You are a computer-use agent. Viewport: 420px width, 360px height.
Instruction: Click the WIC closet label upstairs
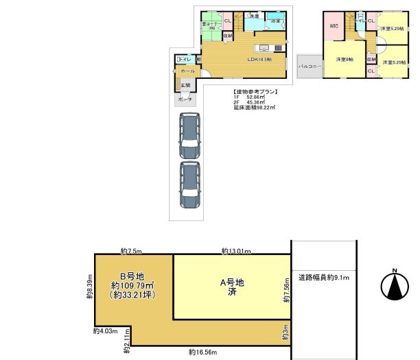pyautogui.click(x=334, y=26)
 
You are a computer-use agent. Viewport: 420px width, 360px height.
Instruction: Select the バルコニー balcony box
pyautogui.click(x=310, y=67)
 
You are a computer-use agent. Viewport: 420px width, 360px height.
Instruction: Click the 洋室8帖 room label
pyautogui.click(x=344, y=60)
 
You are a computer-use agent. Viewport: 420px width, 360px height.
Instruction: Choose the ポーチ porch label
pyautogui.click(x=185, y=99)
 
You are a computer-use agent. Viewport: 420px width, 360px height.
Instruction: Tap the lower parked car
pyautogui.click(x=188, y=184)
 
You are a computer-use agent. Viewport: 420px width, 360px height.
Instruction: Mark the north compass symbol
pyautogui.click(x=395, y=284)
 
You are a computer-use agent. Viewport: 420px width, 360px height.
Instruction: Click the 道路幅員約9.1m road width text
pyautogui.click(x=324, y=278)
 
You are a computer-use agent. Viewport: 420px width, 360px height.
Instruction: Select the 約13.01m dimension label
pyautogui.click(x=235, y=251)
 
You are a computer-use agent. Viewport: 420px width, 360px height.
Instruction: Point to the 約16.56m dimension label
pyautogui.click(x=203, y=352)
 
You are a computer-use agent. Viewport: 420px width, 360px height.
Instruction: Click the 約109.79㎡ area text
pyautogui.click(x=133, y=287)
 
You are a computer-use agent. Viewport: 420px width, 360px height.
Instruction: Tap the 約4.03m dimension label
pyautogui.click(x=104, y=332)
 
